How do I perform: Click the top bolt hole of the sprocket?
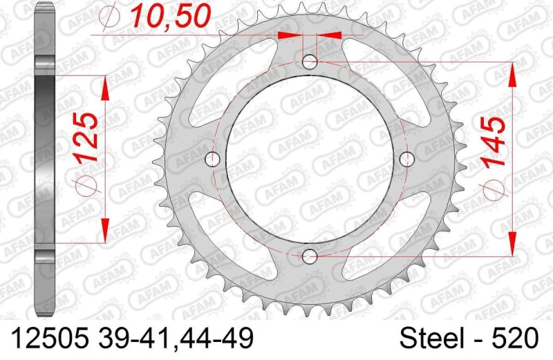(x=310, y=61)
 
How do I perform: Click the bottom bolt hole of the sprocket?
(x=310, y=257)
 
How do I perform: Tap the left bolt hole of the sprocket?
(x=213, y=160)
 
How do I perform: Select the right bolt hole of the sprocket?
(x=408, y=160)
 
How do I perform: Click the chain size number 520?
(x=516, y=339)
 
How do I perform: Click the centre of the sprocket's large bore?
(x=310, y=160)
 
